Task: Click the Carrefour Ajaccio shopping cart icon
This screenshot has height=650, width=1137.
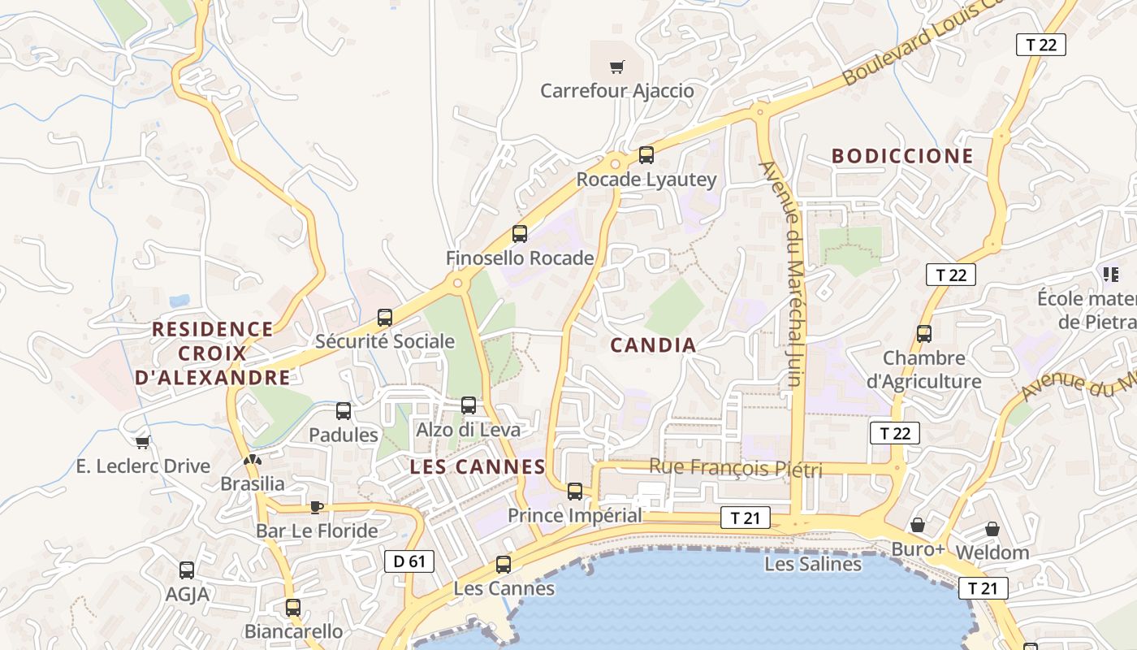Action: pyautogui.click(x=617, y=67)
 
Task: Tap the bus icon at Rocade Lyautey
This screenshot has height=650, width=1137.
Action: pyautogui.click(x=646, y=154)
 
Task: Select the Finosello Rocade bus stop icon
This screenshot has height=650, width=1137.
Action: pyautogui.click(x=520, y=234)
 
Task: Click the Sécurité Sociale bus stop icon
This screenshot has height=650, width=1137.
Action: pyautogui.click(x=385, y=318)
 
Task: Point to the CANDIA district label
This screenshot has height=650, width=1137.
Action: pyautogui.click(x=653, y=345)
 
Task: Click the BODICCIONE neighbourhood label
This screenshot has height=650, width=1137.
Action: pyautogui.click(x=902, y=157)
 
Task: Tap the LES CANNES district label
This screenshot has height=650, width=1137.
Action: pyautogui.click(x=478, y=467)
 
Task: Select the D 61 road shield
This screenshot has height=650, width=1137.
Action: pyautogui.click(x=409, y=561)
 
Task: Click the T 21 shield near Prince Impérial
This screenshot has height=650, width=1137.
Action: pyautogui.click(x=745, y=518)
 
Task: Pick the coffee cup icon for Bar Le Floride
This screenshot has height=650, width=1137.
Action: pyautogui.click(x=316, y=508)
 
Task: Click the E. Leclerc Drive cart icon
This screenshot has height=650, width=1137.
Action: pyautogui.click(x=143, y=443)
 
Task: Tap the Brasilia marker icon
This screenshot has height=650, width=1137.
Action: pyautogui.click(x=253, y=461)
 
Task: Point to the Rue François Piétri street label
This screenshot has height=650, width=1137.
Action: pyautogui.click(x=736, y=469)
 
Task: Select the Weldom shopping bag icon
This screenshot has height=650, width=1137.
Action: pyautogui.click(x=992, y=529)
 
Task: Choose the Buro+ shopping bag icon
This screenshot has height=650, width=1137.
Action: pyautogui.click(x=918, y=526)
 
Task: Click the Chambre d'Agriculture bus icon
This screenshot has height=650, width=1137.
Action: pyautogui.click(x=924, y=333)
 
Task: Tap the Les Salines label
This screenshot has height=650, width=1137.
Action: pyautogui.click(x=813, y=564)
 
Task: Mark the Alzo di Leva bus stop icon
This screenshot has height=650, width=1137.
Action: pyautogui.click(x=469, y=405)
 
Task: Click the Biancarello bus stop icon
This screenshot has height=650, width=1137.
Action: pyautogui.click(x=293, y=607)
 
